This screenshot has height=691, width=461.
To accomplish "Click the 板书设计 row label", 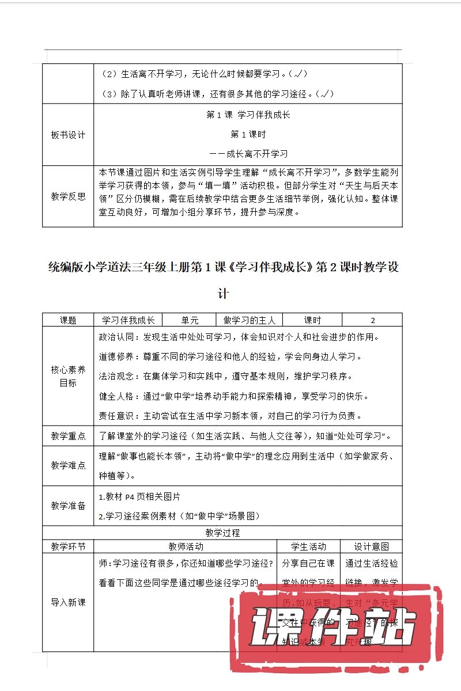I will click(68, 135).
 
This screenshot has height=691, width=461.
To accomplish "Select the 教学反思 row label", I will click(68, 196).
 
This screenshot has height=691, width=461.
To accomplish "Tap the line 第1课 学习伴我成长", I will click(248, 115).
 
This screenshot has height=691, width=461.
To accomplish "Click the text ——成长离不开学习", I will click(248, 154).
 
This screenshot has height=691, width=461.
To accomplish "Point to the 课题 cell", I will click(68, 321).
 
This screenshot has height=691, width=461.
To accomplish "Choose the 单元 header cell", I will click(190, 321).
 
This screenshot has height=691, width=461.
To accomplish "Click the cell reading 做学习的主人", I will click(250, 321).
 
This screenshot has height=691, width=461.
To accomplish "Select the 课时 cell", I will click(312, 321).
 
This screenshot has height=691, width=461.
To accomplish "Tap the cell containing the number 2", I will click(372, 321).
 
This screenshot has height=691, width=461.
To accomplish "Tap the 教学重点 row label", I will click(68, 436).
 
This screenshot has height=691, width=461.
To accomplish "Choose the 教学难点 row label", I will click(68, 465).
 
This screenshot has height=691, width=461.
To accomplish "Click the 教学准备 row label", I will click(68, 506).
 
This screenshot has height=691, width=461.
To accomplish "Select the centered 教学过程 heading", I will click(222, 533).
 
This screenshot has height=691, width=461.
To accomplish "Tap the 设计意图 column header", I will click(371, 546).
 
